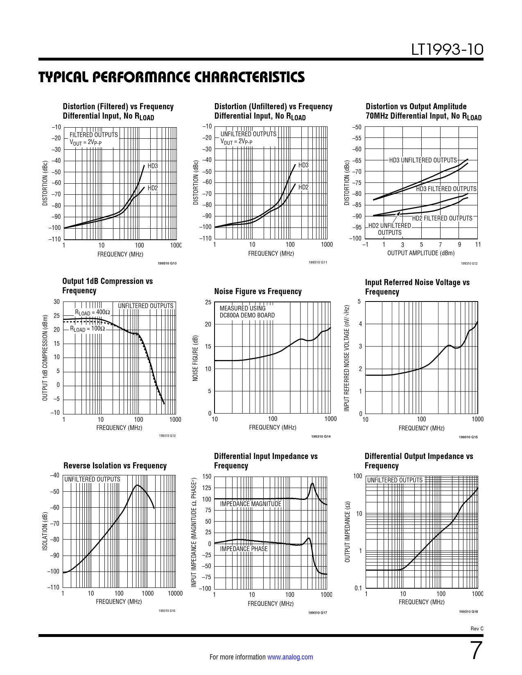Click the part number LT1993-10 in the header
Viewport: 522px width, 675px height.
tap(447, 50)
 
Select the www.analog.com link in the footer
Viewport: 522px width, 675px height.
tap(290, 657)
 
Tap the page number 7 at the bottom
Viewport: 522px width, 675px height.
tap(476, 650)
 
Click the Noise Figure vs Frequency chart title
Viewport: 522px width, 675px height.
tap(258, 291)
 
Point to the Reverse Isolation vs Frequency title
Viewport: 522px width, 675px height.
tap(115, 466)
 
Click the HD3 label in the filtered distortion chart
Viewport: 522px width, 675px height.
tap(153, 166)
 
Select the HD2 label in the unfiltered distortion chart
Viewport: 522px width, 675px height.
tap(303, 187)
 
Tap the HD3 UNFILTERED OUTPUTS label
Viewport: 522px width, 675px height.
tap(423, 160)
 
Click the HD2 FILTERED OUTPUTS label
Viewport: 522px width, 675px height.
tap(442, 218)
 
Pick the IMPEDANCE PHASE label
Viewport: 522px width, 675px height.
tap(244, 549)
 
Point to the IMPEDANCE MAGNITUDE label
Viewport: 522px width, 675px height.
tap(251, 504)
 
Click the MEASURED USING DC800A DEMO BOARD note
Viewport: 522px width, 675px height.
tap(247, 312)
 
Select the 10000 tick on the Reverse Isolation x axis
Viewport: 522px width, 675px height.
tap(175, 594)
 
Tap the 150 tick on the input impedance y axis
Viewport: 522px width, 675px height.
tap(207, 477)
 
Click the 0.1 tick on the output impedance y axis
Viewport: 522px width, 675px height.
tap(358, 588)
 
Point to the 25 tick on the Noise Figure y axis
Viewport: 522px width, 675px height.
tap(208, 303)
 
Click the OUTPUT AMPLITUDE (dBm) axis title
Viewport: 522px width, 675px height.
tap(421, 253)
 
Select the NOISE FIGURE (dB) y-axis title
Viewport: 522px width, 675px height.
tap(195, 358)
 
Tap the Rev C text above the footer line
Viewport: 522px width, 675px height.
tap(477, 629)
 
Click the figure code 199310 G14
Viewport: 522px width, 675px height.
tap(321, 437)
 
